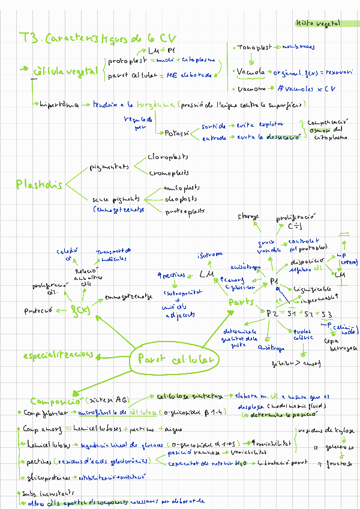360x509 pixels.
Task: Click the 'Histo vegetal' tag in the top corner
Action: pyautogui.click(x=317, y=23)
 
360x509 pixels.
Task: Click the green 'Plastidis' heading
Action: pyautogui.click(x=39, y=185)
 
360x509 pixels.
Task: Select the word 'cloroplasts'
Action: pyautogui.click(x=167, y=157)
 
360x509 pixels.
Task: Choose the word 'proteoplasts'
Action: pyautogui.click(x=185, y=211)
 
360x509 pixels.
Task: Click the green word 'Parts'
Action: pyautogui.click(x=241, y=303)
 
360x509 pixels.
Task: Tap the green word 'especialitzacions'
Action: pyautogui.click(x=58, y=355)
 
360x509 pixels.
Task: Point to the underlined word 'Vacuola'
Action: pyautogui.click(x=251, y=72)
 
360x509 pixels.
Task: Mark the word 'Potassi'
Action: pyautogui.click(x=177, y=133)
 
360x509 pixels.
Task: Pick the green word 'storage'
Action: pyautogui.click(x=248, y=215)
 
